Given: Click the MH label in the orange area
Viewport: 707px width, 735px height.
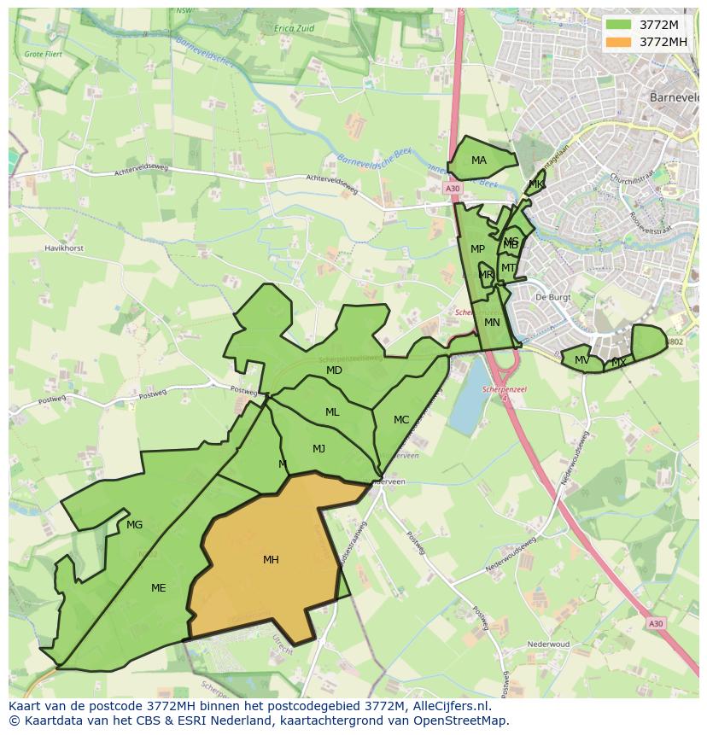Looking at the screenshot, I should (271, 560).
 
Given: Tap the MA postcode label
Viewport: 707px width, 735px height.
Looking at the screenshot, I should (479, 160).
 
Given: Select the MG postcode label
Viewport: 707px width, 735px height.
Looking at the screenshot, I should (134, 525).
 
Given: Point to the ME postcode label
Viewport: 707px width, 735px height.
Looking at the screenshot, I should (158, 587).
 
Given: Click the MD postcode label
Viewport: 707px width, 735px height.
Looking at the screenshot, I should (334, 370).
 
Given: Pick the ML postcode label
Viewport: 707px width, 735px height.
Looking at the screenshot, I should (332, 412).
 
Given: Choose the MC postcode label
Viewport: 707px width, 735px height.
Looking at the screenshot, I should (401, 420).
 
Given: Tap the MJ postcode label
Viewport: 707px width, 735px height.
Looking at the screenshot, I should (318, 449).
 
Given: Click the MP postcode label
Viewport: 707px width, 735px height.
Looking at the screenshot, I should (477, 249).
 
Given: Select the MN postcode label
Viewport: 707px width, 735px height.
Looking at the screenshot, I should (492, 323).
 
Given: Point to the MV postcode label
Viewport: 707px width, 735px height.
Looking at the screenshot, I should (581, 360).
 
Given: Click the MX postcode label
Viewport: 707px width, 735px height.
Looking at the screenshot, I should (618, 363).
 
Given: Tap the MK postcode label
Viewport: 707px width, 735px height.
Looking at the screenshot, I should (535, 184).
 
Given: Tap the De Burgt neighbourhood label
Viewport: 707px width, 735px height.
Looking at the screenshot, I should (552, 297).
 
